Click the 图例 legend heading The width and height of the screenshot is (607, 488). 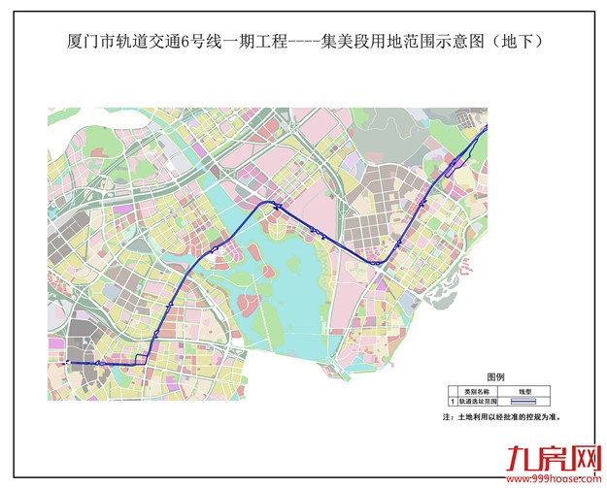pos(494,376)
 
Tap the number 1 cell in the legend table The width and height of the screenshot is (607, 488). pos(451,400)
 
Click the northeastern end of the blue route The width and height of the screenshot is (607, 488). pos(486,126)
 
